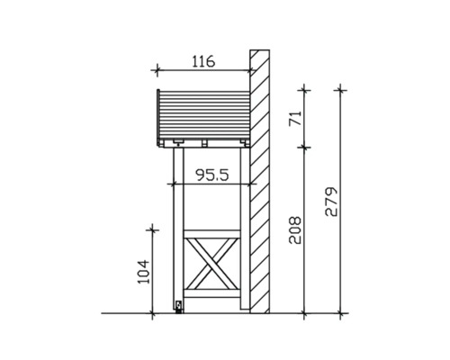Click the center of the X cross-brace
(211, 266)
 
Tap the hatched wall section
(261, 180)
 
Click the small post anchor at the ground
(178, 307)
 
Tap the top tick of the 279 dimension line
(340, 88)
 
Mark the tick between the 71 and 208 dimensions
(305, 146)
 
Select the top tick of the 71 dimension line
(305, 88)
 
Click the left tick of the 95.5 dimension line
(171, 184)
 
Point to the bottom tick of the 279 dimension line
(340, 313)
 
